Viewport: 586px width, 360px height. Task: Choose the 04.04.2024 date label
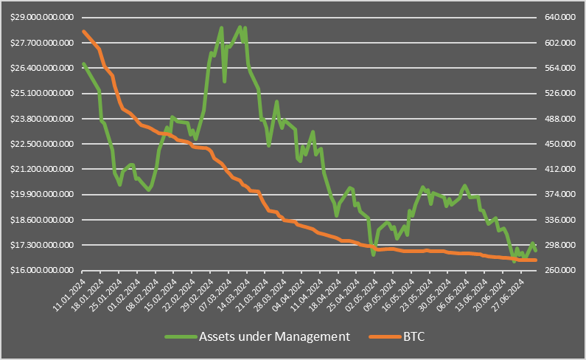pos(290,291)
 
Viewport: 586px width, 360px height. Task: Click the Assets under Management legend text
pos(273,337)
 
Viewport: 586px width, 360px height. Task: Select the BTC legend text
pos(414,337)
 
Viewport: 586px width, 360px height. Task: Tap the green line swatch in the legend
pos(180,337)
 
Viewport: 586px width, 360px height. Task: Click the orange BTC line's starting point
pos(83,31)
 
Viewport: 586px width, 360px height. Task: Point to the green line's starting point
pos(83,63)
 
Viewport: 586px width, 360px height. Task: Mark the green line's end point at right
pos(536,250)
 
